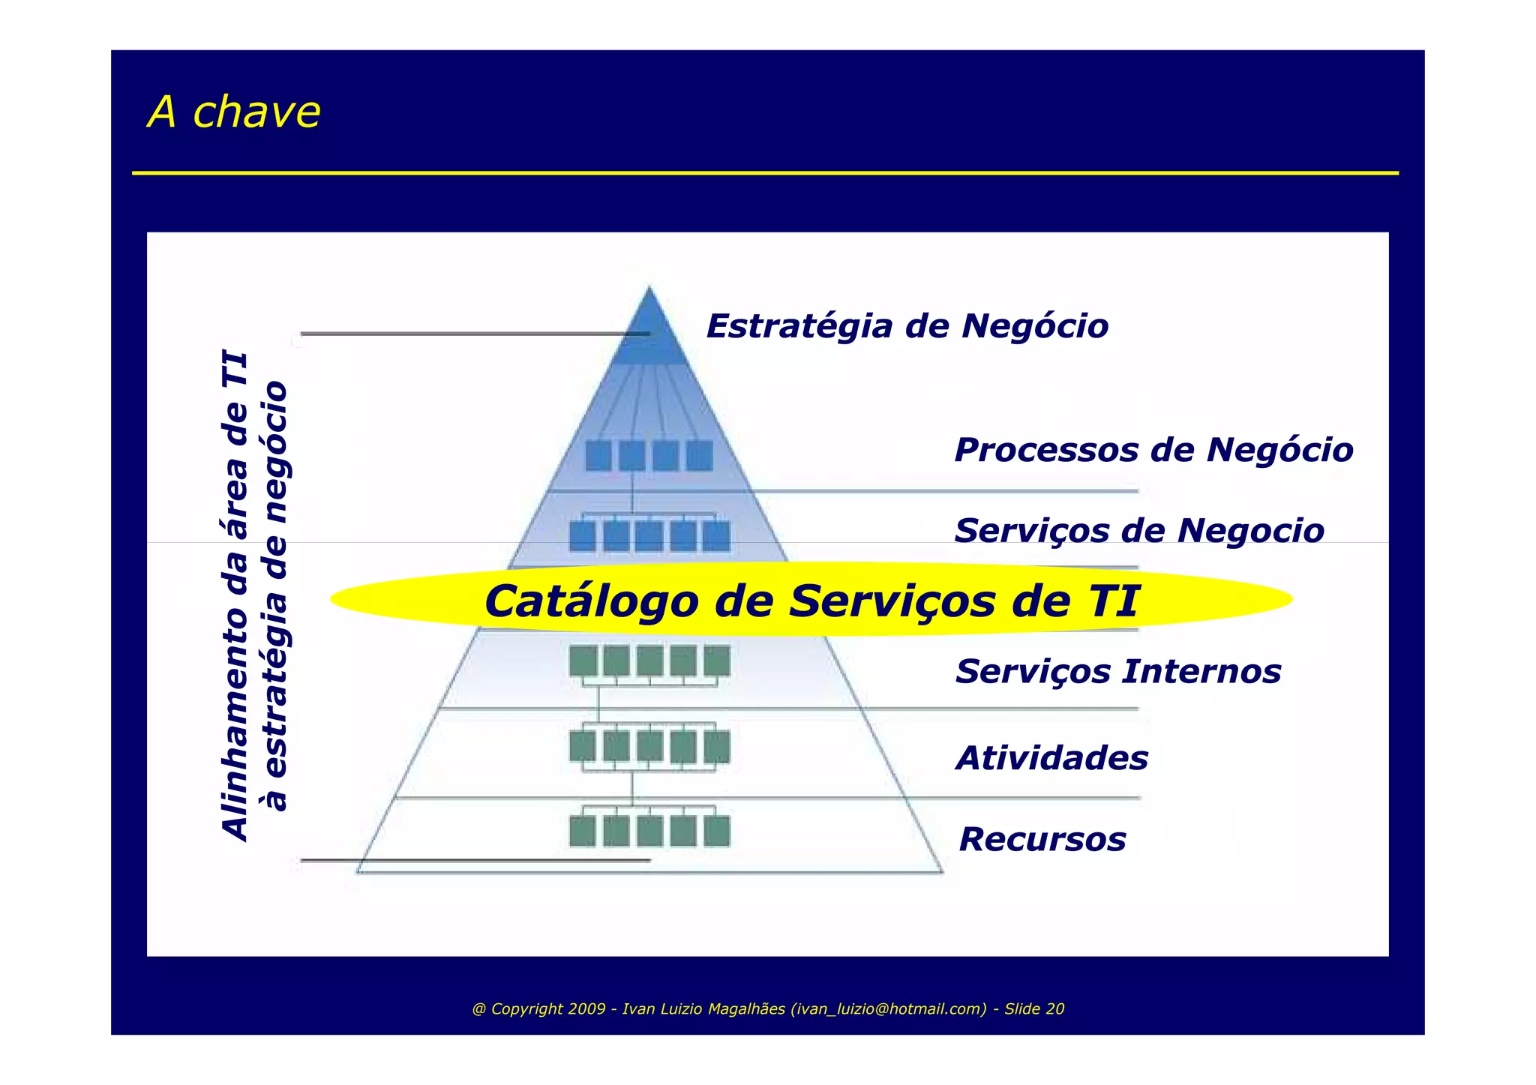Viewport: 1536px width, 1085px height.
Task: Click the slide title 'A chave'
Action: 234,112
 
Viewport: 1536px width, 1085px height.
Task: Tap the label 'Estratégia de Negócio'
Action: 907,326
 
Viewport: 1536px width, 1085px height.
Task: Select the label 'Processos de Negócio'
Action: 1153,450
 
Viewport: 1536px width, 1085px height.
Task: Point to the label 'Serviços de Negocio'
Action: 1138,530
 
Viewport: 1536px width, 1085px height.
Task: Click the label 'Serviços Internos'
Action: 1117,671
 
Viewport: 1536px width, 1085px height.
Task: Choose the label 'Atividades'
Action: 1051,758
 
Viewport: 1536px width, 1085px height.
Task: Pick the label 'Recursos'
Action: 1042,839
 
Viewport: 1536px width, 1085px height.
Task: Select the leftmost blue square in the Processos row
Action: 598,456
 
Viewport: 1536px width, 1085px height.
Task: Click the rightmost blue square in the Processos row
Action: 700,456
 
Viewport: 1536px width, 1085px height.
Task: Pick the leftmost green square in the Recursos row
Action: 583,832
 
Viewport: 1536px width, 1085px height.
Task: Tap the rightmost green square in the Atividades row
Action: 717,747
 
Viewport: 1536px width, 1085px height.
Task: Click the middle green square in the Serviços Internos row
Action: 650,661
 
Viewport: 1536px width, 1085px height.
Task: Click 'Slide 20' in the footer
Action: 1034,1009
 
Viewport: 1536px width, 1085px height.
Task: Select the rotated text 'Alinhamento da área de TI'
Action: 235,596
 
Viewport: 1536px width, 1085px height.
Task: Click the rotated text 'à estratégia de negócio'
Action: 275,596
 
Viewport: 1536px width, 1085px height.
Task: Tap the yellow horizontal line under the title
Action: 765,173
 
